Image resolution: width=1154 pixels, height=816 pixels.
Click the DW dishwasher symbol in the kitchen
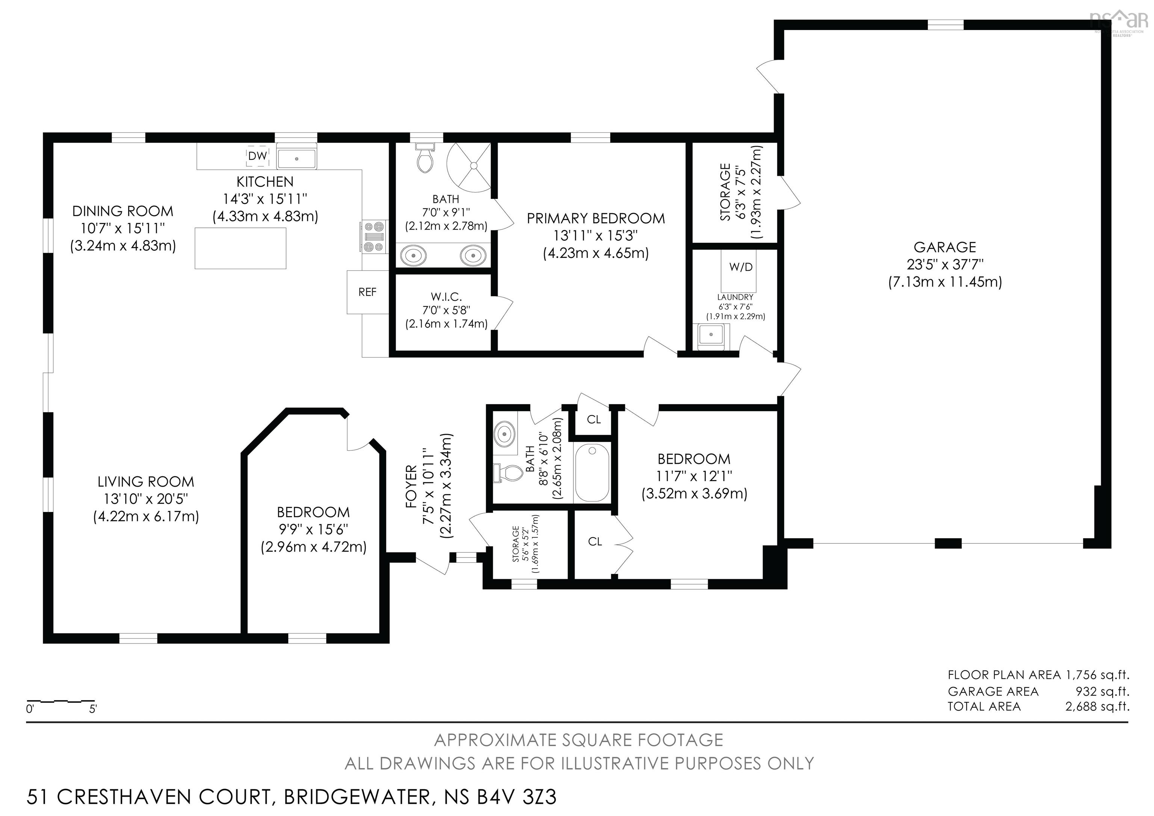tap(257, 156)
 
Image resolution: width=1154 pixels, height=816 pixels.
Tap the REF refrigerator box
tap(367, 292)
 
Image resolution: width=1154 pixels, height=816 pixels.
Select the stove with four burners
tap(374, 237)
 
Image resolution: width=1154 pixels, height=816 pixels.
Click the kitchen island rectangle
tap(240, 248)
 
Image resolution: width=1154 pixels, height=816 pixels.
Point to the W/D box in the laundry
tap(741, 267)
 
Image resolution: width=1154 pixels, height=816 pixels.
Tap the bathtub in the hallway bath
tap(592, 472)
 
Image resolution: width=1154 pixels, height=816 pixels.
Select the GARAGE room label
tap(944, 247)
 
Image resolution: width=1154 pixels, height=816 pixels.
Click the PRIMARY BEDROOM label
tap(596, 218)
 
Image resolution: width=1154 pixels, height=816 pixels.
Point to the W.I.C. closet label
tap(446, 297)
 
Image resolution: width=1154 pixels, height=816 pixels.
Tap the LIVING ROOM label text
tap(146, 481)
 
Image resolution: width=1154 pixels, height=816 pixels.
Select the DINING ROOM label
tap(122, 211)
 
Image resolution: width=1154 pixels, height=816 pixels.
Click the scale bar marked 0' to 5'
tap(61, 701)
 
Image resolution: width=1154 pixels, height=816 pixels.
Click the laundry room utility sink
tap(711, 335)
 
